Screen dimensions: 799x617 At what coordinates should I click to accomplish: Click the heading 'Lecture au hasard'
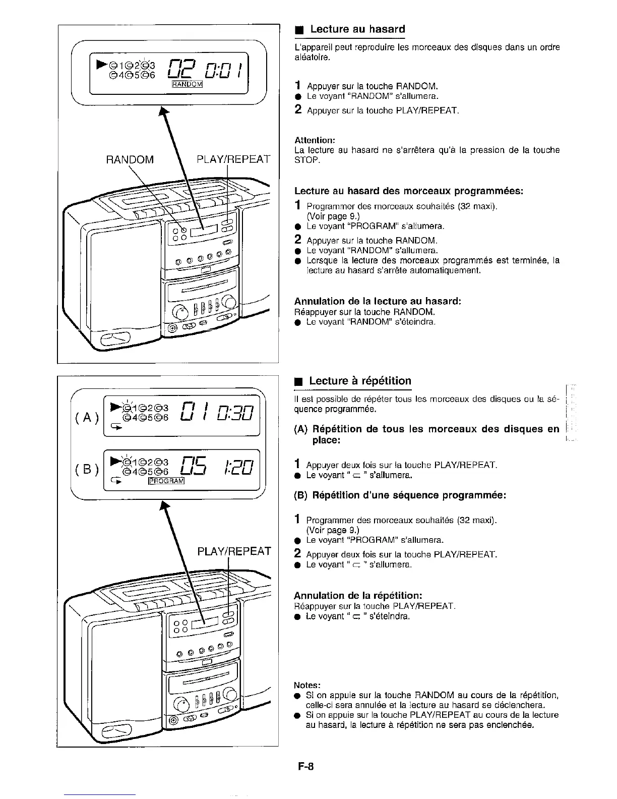tap(357, 29)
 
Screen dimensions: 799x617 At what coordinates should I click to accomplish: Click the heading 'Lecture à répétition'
tap(360, 381)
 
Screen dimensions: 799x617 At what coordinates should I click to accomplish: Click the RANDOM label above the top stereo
tap(130, 160)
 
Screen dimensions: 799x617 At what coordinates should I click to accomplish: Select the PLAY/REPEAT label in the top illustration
tap(234, 160)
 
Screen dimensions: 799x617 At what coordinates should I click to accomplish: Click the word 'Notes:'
tap(307, 685)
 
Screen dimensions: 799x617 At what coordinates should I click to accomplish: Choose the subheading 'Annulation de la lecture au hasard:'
tap(378, 301)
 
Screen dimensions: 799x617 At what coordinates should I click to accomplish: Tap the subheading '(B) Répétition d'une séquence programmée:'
tap(400, 495)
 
